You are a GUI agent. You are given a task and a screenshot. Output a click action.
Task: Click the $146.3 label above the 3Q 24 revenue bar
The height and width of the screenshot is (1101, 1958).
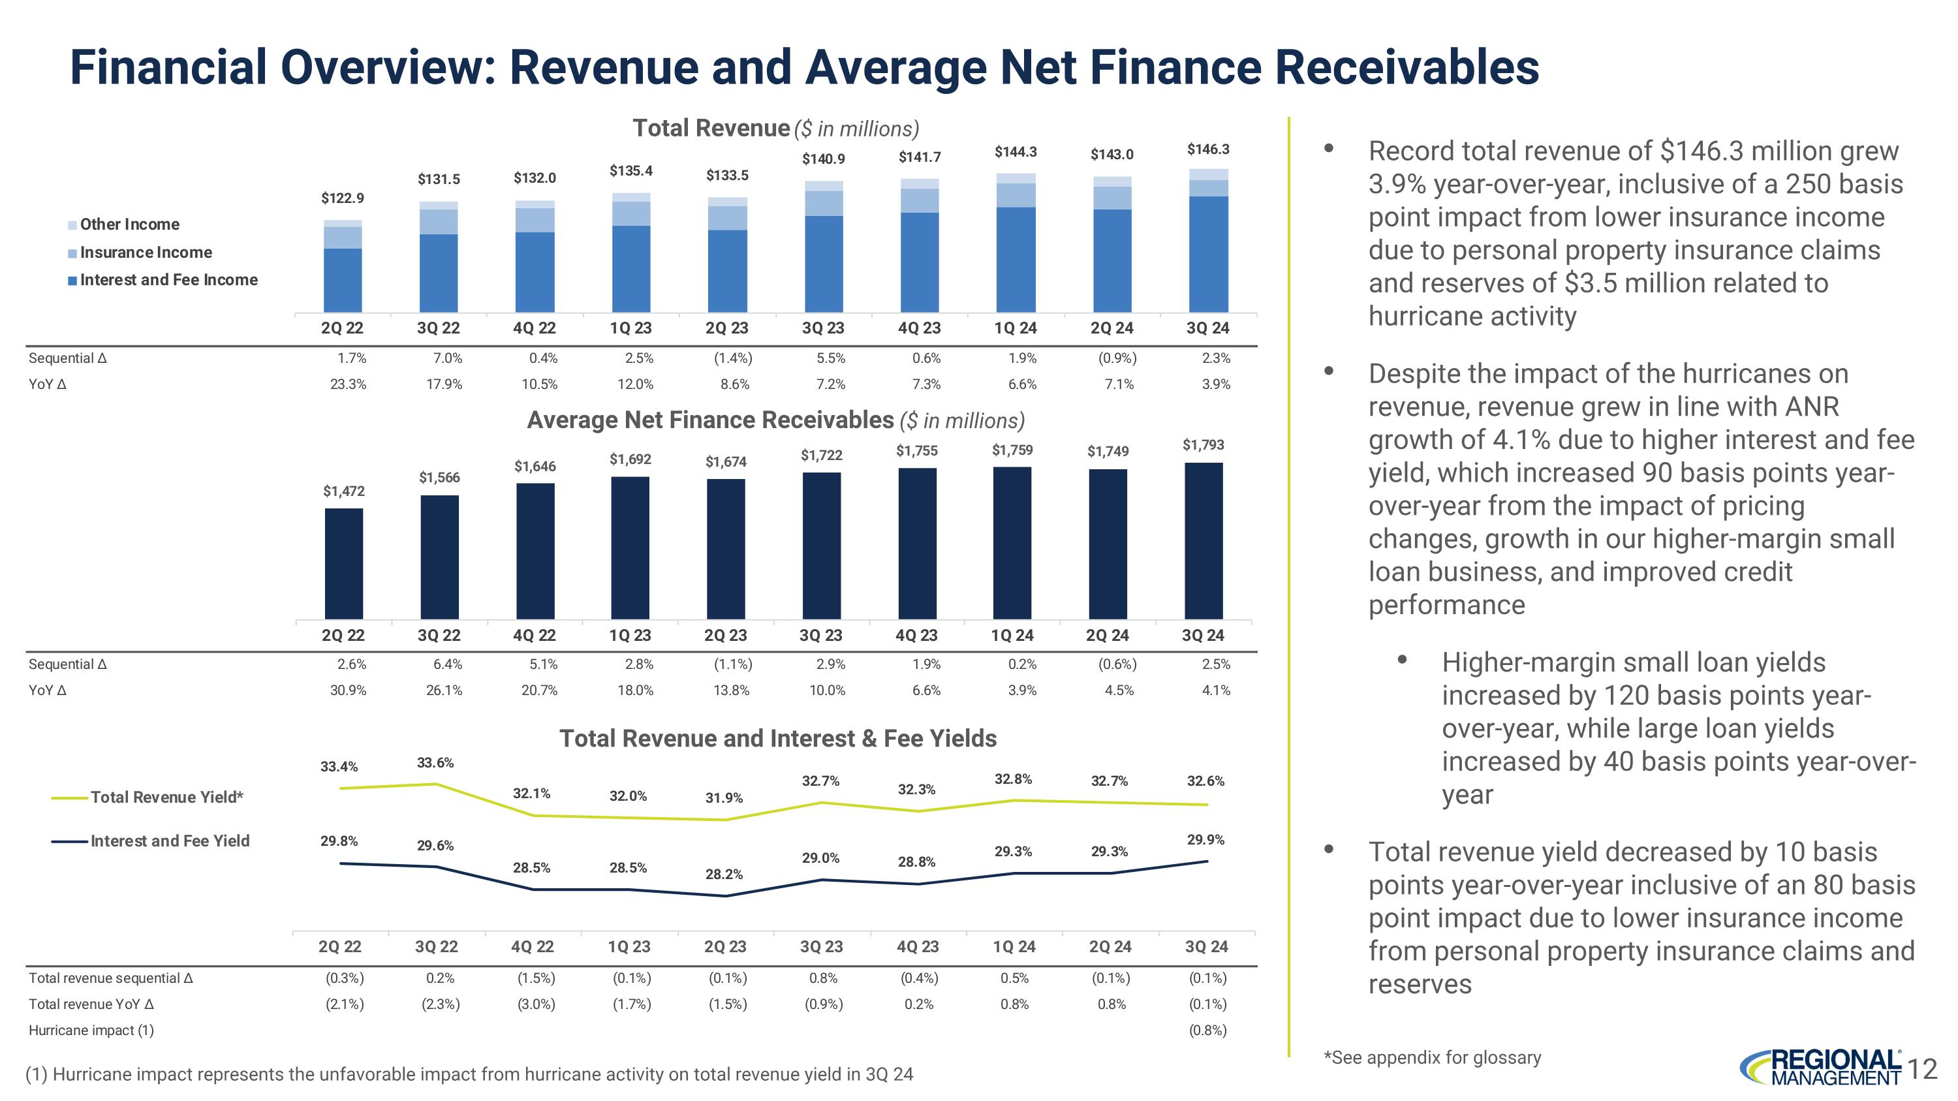(1208, 149)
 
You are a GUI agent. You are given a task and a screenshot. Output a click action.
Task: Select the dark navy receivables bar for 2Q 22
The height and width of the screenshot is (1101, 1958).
(343, 563)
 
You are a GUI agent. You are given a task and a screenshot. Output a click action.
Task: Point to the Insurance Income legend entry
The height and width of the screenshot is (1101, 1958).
(145, 253)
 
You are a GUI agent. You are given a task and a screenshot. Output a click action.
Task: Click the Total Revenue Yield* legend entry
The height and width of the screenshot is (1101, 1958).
(166, 797)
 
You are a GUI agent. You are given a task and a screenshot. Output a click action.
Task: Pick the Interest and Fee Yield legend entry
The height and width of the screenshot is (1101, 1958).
(170, 841)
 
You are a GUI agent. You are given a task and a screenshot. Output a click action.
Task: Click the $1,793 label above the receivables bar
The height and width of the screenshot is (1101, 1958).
(1204, 444)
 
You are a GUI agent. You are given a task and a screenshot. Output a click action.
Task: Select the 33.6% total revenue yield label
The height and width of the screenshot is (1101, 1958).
(435, 762)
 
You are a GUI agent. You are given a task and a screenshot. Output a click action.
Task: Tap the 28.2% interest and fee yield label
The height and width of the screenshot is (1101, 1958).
(724, 875)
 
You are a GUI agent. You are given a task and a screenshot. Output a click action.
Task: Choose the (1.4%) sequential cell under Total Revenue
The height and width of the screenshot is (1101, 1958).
(732, 358)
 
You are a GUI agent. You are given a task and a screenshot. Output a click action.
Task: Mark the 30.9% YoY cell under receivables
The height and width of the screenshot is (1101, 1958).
(348, 690)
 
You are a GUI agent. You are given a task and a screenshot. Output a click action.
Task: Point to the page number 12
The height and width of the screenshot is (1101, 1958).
(1922, 1070)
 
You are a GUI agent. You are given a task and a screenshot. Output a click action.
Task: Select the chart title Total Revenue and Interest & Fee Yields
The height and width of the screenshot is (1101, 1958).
(777, 739)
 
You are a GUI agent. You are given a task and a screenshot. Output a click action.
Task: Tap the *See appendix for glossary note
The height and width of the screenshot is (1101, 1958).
(1432, 1058)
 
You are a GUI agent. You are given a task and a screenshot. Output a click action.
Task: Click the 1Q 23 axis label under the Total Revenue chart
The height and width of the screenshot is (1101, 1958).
(630, 328)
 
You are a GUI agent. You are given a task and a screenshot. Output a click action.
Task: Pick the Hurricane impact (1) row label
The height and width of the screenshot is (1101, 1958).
(91, 1031)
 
